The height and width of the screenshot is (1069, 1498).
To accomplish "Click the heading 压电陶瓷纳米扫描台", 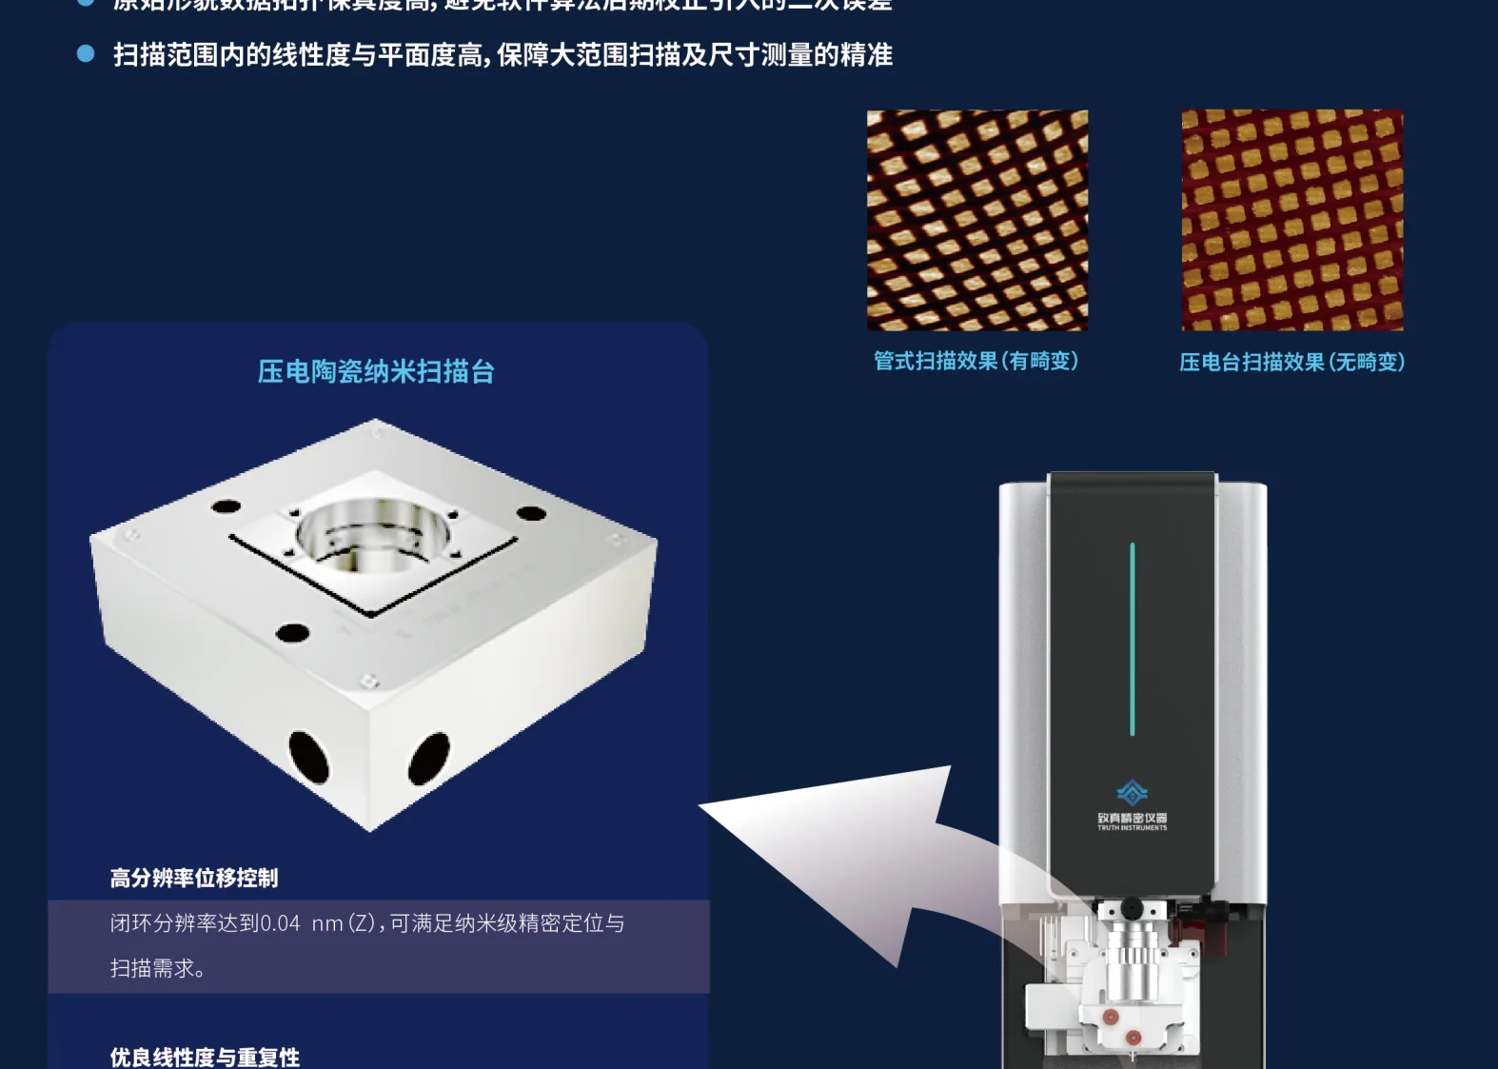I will [x=376, y=371].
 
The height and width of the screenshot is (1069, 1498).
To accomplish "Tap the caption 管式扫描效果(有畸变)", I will [x=976, y=361].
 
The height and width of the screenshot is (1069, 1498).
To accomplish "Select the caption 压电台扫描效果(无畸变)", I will [x=1291, y=362].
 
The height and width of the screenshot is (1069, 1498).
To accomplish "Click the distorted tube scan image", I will [x=976, y=220].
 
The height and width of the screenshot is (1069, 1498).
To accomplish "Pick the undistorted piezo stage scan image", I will [x=1291, y=220].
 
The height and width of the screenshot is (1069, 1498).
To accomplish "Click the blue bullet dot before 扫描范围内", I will [x=86, y=54].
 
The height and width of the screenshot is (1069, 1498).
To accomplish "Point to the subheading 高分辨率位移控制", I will [x=194, y=878].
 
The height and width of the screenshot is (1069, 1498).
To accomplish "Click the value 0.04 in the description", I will [x=280, y=923].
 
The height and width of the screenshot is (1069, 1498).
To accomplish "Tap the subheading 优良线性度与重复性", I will [x=205, y=1057].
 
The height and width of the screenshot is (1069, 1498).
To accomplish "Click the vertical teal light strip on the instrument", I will [x=1132, y=639].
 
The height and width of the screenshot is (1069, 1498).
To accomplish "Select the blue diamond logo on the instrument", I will [x=1132, y=792].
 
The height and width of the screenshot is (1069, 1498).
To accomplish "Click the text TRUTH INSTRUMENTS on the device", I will [x=1132, y=828].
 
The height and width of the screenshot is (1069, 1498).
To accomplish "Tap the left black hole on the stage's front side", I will [x=308, y=757].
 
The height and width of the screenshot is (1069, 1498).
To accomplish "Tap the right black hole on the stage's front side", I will [x=428, y=758].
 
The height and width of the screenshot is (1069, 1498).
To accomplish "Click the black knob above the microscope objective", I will [x=1132, y=907].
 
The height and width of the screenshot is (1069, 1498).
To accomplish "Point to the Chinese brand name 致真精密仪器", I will [x=1132, y=818].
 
